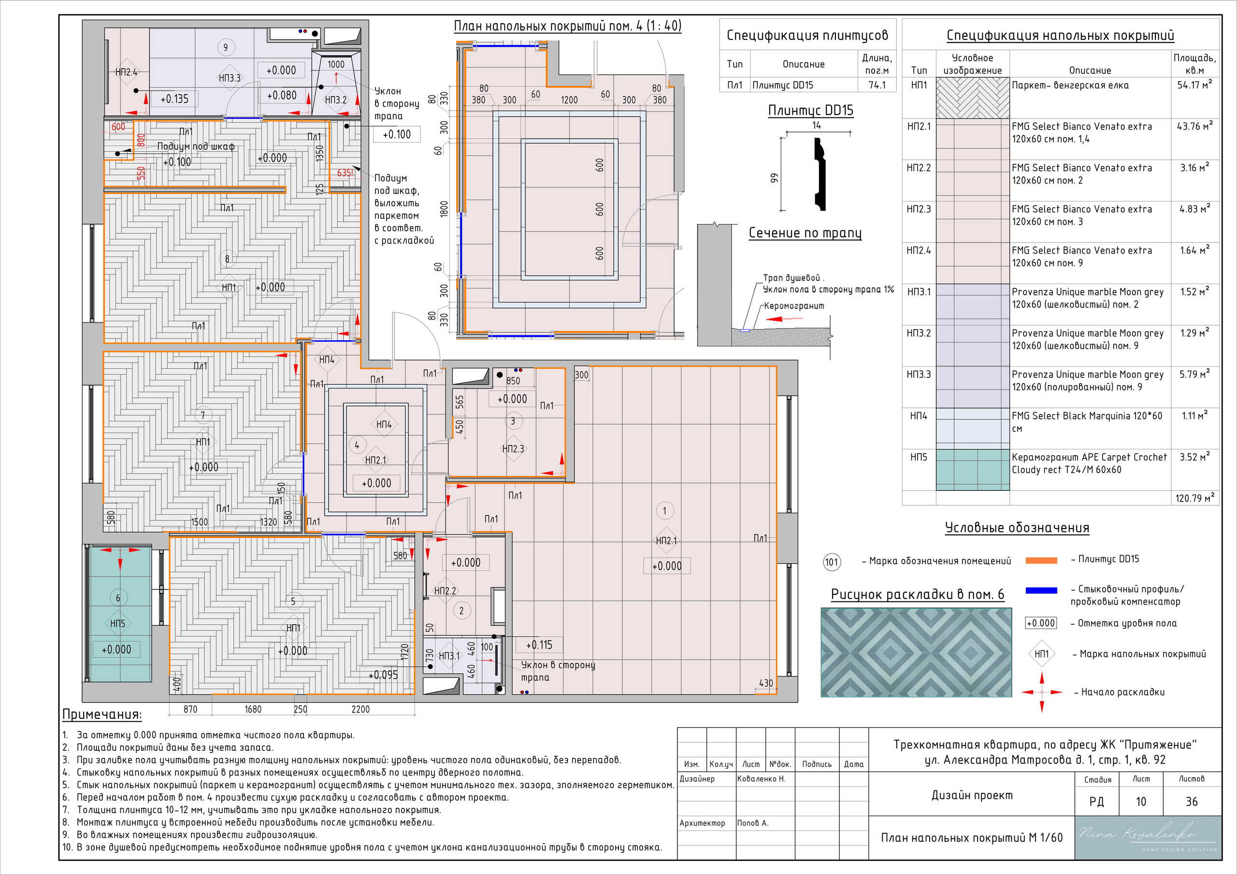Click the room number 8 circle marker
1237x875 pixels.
227,259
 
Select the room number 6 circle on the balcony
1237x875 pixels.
118,598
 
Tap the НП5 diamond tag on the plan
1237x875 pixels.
117,624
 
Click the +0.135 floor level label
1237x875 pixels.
174,99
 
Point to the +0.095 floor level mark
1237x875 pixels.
383,675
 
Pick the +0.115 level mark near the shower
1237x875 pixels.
539,645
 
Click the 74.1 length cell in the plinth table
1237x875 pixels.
877,85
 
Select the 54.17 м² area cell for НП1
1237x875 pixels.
1194,85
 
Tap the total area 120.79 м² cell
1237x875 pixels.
1194,498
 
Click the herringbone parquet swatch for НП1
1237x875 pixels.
973,98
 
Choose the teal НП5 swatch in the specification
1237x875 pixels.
973,470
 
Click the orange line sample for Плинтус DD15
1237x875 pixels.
1041,560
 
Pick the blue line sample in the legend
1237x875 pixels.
1041,590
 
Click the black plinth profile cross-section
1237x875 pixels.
820,174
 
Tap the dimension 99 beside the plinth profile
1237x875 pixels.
774,178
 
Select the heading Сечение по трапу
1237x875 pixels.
805,233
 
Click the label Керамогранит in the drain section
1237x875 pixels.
794,306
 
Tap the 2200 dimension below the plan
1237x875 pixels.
360,710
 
